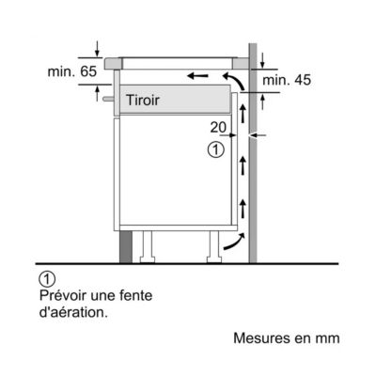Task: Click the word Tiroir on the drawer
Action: [x=143, y=100]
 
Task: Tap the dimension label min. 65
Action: [x=72, y=71]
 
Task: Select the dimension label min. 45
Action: [x=287, y=80]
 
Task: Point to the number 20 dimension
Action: [x=218, y=128]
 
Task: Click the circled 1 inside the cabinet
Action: [x=216, y=149]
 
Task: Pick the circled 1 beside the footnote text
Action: [x=47, y=279]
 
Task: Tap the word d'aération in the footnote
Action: [x=73, y=313]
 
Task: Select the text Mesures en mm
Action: [x=287, y=338]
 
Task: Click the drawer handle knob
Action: [x=108, y=99]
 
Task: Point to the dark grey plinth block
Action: [x=126, y=247]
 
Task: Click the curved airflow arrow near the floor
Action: [x=234, y=242]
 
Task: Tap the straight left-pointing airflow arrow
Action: [x=197, y=75]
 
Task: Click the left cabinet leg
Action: [x=148, y=247]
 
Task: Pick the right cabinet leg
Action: [x=214, y=247]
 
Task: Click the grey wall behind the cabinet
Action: [x=253, y=153]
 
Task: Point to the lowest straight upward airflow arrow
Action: [x=243, y=208]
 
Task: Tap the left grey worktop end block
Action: [x=113, y=64]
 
